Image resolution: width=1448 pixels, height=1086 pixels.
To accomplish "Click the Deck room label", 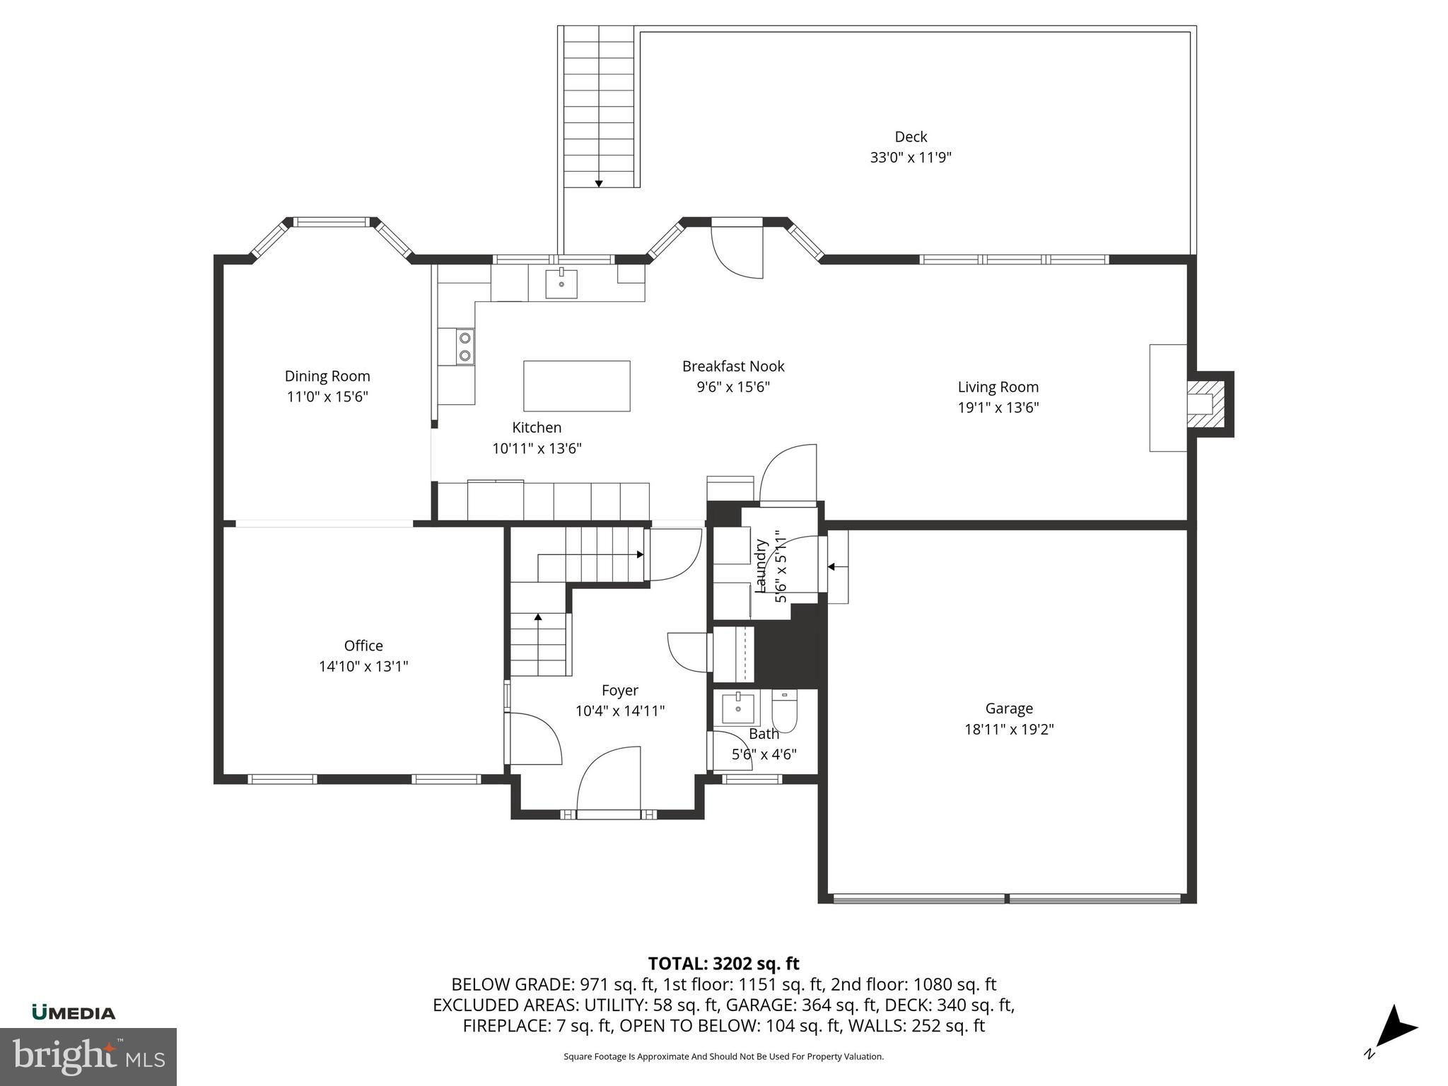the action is tap(911, 136).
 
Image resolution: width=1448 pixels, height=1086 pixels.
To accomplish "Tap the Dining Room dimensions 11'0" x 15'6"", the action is tap(327, 397).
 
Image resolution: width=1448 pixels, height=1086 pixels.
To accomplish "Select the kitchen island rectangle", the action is tap(576, 385).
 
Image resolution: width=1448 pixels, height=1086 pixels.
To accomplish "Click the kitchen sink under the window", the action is tap(561, 284).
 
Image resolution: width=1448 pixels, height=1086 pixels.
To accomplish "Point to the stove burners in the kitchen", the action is tap(465, 346).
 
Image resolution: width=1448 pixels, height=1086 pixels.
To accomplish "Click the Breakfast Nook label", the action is tap(733, 366).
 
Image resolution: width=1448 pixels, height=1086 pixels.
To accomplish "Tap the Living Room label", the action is tap(998, 387).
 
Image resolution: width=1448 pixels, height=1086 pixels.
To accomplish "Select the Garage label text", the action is tap(1009, 708).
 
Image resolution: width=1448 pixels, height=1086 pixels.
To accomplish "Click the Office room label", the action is tap(363, 646).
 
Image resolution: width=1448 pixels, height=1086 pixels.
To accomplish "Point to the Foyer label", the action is tap(620, 690).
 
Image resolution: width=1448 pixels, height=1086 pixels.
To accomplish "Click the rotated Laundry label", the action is tap(761, 566).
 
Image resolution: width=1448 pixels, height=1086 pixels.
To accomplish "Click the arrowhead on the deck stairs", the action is tap(599, 184).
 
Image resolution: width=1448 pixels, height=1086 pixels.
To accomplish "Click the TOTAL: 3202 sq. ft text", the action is tap(723, 963).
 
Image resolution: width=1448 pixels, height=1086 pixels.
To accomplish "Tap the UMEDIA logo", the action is tap(74, 1012).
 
